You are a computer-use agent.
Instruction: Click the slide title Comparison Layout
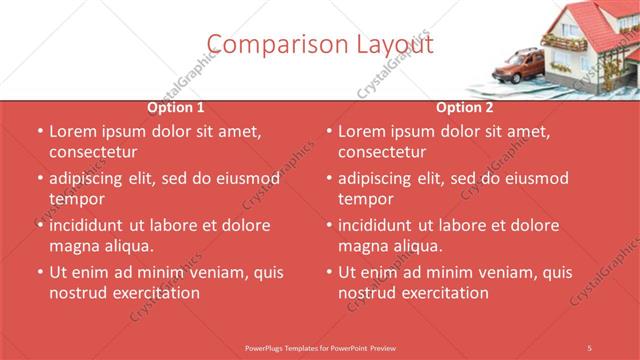[x=320, y=45]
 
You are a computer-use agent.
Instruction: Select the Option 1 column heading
[x=176, y=107]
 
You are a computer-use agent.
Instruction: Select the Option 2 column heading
[x=465, y=107]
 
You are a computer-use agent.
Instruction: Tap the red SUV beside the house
[x=519, y=68]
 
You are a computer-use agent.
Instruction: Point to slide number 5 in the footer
[x=590, y=346]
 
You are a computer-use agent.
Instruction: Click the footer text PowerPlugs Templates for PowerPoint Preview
[x=320, y=346]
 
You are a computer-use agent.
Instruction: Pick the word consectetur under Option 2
[x=382, y=152]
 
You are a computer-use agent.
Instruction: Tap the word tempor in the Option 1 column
[x=76, y=199]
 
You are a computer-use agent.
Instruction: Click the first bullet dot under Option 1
[x=39, y=131]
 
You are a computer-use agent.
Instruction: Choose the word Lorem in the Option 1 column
[x=71, y=131]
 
